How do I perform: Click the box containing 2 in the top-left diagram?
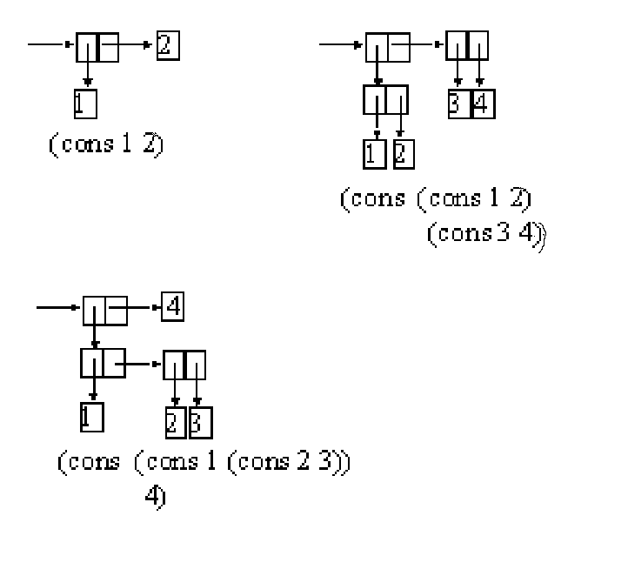coord(168,44)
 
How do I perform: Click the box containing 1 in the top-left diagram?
coord(84,104)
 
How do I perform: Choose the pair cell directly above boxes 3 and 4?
coord(467,45)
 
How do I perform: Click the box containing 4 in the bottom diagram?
coord(172,307)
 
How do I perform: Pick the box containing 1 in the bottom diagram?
coord(90,419)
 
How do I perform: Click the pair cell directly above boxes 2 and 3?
coord(184,364)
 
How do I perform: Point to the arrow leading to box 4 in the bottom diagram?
coord(144,307)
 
